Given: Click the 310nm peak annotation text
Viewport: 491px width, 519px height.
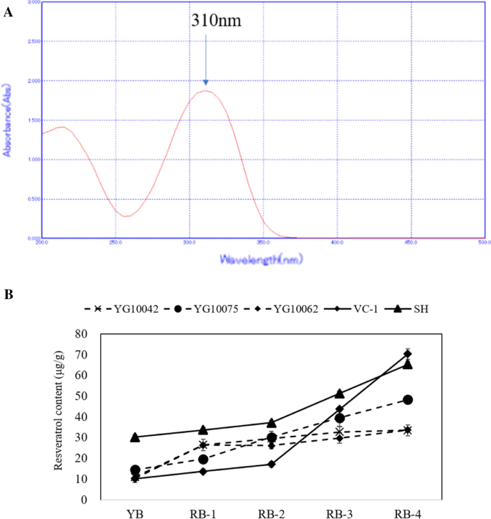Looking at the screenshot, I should pyautogui.click(x=216, y=21).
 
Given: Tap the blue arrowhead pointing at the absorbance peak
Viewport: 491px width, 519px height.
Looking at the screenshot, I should pyautogui.click(x=206, y=82).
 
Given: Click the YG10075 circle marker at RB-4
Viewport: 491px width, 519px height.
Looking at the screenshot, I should pyautogui.click(x=408, y=399).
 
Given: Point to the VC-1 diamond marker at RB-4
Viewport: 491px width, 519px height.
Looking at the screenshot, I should pyautogui.click(x=408, y=354).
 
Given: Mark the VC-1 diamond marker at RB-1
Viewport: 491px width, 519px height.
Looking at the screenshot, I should pyautogui.click(x=203, y=471).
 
